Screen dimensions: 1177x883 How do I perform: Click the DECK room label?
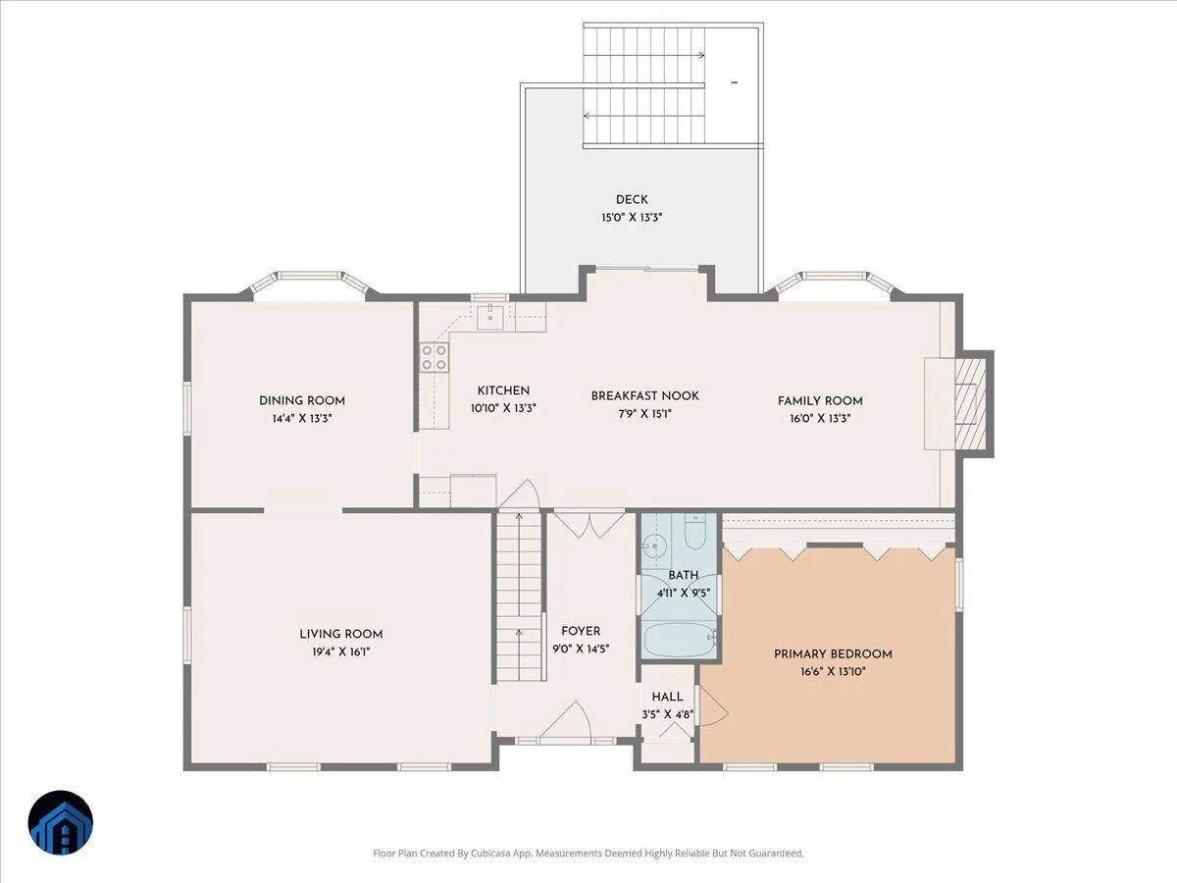coord(632,199)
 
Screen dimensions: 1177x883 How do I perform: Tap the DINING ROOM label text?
coord(302,400)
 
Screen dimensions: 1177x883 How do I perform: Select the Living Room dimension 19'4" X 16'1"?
coord(341,651)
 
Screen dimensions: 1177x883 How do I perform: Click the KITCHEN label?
coord(503,390)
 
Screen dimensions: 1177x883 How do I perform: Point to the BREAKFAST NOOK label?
coord(645,395)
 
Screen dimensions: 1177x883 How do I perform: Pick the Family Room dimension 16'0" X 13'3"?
coord(820,418)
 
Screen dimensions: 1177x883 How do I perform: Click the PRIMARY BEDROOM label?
coord(833,654)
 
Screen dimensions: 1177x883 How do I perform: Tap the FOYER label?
coord(581,631)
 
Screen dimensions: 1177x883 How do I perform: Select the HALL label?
coord(668,697)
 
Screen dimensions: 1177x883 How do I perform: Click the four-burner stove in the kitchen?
coord(434,357)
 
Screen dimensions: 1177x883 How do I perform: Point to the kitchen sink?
coord(490,315)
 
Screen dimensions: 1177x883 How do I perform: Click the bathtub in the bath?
coord(679,639)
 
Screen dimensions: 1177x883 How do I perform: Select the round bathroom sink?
coord(654,546)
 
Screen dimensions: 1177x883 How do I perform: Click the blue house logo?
coord(61,823)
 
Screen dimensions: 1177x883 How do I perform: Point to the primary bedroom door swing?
coord(713,705)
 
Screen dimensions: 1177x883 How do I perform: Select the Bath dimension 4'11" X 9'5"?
coord(684,593)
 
